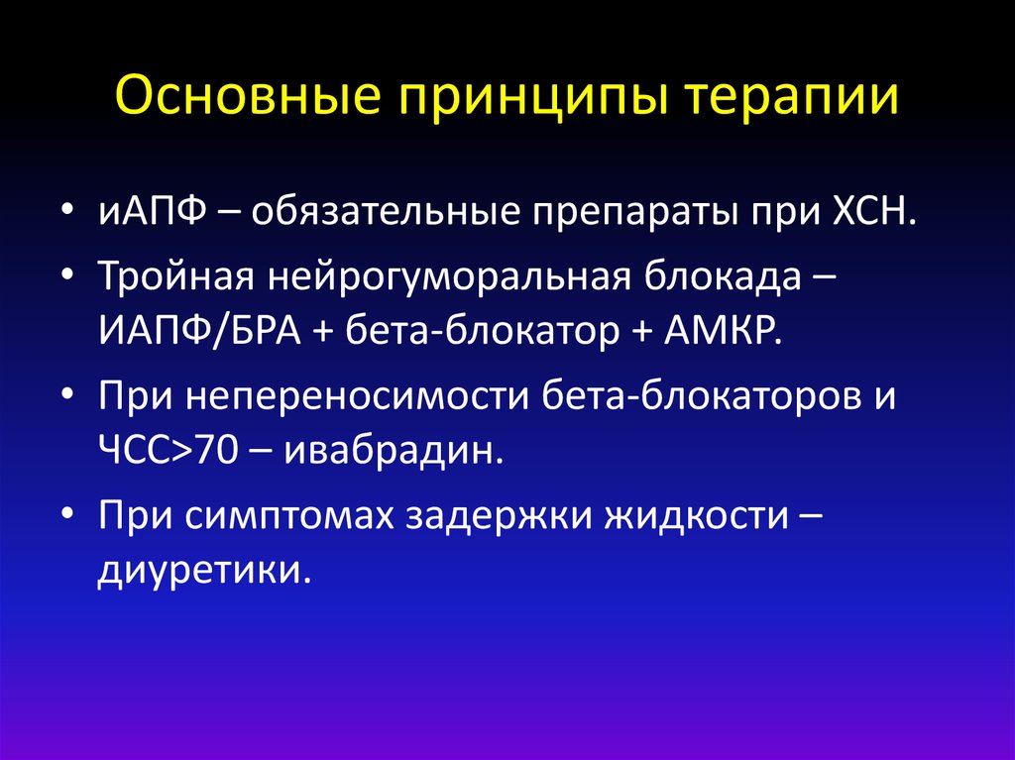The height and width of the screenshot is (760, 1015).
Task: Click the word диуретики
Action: (196, 569)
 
